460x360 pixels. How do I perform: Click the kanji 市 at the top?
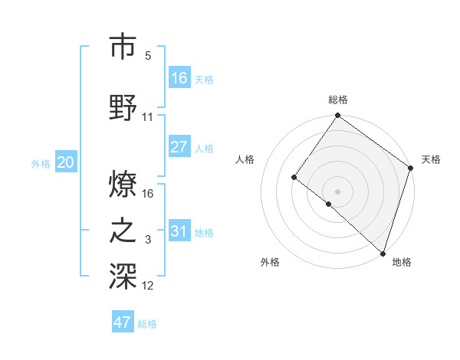(x=123, y=47)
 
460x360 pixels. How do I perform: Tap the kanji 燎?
(x=123, y=184)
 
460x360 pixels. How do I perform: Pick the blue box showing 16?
(x=179, y=77)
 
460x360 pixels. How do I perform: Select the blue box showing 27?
(x=179, y=147)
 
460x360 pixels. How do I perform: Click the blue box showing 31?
(x=179, y=231)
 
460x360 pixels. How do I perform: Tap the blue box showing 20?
(x=66, y=162)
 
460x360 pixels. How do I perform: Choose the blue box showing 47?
(x=123, y=322)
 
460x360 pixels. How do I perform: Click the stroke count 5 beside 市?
(x=148, y=56)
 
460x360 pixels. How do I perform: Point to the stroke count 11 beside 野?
(x=148, y=117)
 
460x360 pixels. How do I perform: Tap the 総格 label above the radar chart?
(x=338, y=100)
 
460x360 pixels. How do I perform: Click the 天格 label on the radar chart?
(x=431, y=159)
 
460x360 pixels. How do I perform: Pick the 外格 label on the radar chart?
(x=270, y=262)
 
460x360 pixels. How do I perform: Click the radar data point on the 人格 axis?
(x=294, y=178)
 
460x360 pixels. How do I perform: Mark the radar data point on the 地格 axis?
(x=383, y=253)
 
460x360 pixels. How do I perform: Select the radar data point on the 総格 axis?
(x=337, y=116)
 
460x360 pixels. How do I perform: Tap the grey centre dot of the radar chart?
(x=337, y=190)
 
